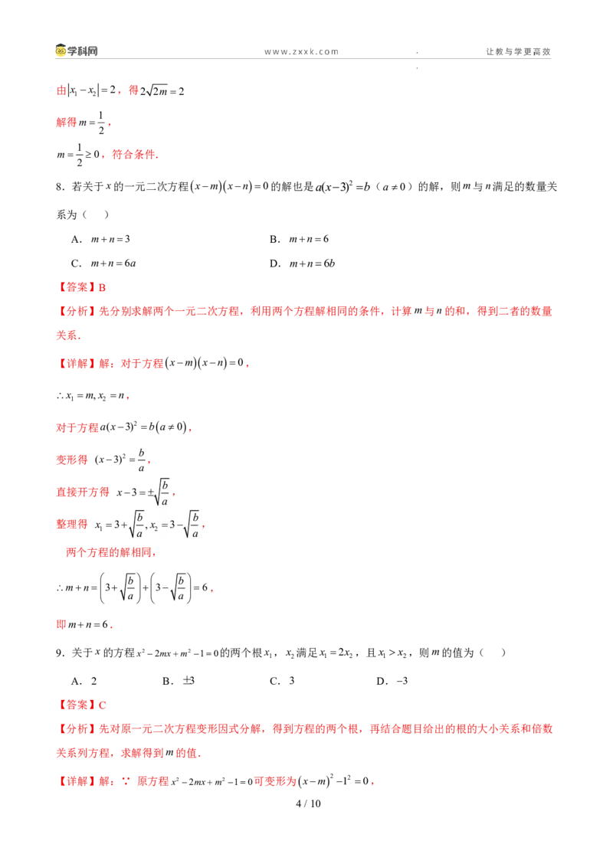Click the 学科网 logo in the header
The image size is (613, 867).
point(77,51)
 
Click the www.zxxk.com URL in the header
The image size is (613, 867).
point(302,51)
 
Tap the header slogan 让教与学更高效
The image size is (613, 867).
point(519,51)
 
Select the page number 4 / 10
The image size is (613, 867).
point(308,803)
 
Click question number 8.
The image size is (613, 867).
point(60,187)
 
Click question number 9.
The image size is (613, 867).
point(60,653)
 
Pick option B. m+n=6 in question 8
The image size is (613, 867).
point(300,239)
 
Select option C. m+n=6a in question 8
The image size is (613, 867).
point(103,263)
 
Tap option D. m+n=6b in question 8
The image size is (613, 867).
point(302,263)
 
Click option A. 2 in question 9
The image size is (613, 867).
point(84,681)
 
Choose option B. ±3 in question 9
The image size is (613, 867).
point(178,681)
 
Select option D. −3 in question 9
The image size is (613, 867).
point(392,681)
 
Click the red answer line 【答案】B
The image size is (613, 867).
point(81,287)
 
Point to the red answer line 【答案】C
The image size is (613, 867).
point(81,705)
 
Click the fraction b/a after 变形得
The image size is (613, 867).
point(141,460)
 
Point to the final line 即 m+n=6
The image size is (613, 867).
point(84,624)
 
